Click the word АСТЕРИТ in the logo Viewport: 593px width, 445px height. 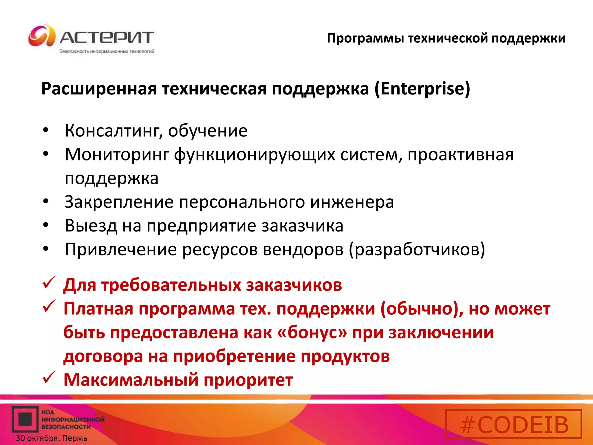(x=107, y=38)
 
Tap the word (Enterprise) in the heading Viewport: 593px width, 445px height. (x=422, y=89)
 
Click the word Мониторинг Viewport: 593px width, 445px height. (x=117, y=154)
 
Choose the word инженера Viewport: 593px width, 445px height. (x=352, y=202)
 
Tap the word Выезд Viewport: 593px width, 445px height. (x=91, y=226)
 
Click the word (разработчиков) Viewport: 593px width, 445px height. (x=417, y=249)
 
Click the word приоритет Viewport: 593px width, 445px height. (x=248, y=380)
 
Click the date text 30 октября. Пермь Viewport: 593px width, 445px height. (x=52, y=438)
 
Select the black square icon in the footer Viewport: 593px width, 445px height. (x=25, y=419)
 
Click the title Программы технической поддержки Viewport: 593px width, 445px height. (x=446, y=38)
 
